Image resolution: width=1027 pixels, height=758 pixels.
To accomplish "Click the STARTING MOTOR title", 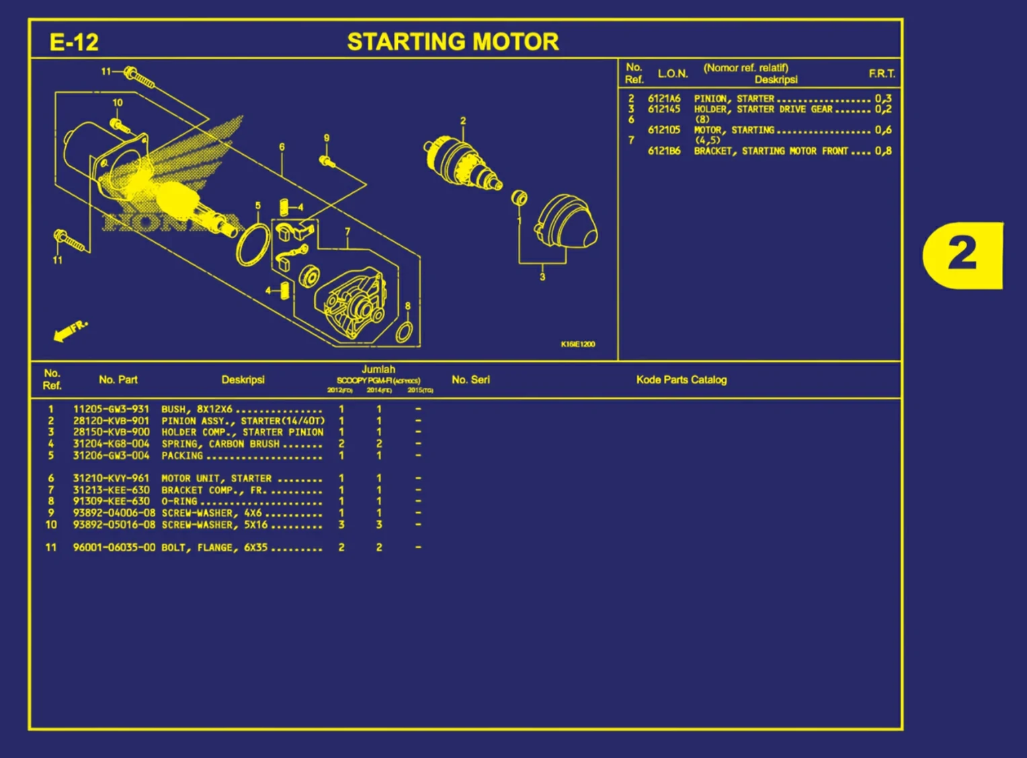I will point(452,42).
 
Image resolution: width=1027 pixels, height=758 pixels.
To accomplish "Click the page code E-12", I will point(74,42).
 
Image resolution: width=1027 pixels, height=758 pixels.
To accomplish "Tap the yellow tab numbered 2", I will point(962,254).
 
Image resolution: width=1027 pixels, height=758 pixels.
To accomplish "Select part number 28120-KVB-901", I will point(111,420).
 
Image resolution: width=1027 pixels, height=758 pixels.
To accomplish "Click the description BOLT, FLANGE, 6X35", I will point(214,547).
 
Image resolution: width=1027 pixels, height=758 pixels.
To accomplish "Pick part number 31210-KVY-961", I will point(111,478).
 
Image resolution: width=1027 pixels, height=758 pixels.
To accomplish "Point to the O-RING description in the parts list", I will point(179,501).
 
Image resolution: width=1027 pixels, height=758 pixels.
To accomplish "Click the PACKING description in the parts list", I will point(181,455).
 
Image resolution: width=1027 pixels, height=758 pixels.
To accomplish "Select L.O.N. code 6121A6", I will point(663,98).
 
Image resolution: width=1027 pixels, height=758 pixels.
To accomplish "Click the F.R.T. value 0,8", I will point(883,151).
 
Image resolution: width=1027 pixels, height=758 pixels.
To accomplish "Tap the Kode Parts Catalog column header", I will point(681,380).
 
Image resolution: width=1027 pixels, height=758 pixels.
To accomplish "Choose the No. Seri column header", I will point(470,380).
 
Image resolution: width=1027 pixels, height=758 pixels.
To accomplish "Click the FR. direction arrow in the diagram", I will point(69,330).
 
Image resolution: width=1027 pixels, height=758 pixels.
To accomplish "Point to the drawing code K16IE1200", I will point(577,344).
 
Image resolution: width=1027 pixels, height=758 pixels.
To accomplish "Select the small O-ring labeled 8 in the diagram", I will point(405,332).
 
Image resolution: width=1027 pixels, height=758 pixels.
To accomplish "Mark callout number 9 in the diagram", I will point(327,138).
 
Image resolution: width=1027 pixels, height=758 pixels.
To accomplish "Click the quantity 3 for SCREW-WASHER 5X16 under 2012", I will point(341,525).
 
